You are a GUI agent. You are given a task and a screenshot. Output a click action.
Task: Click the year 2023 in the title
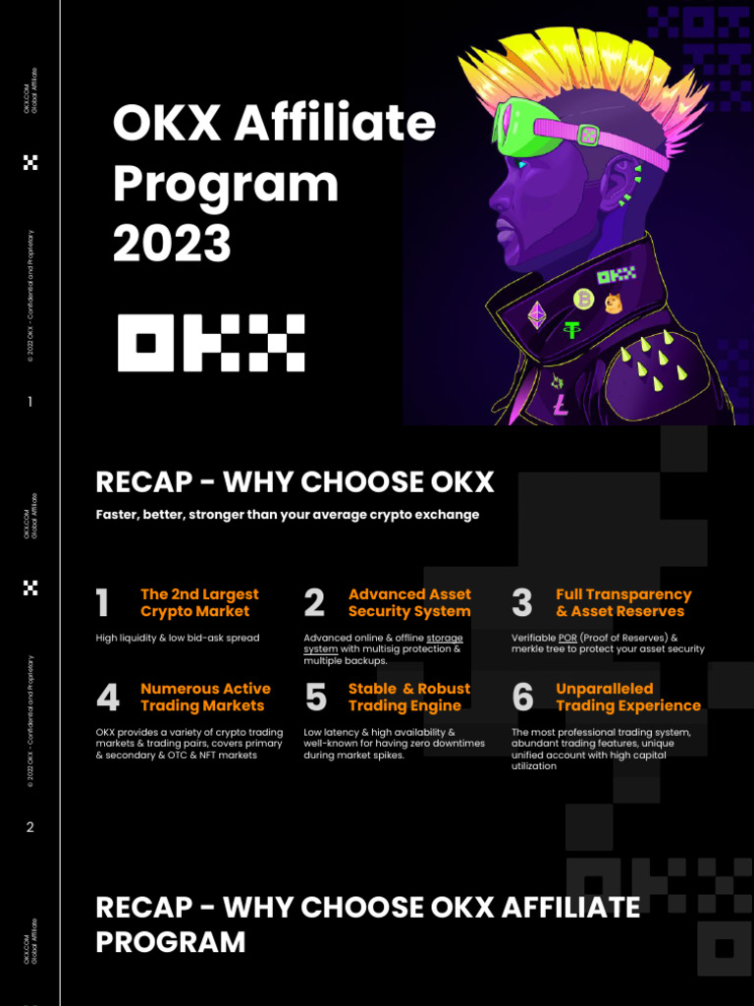(172, 244)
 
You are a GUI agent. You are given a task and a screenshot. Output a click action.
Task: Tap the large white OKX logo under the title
(211, 343)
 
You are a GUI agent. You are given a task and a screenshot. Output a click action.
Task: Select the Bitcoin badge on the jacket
(583, 299)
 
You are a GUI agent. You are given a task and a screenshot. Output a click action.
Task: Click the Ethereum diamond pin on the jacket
(537, 314)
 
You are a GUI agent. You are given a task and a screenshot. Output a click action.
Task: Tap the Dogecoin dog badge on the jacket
(614, 304)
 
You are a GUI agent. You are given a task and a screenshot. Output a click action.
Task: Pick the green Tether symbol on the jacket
(571, 330)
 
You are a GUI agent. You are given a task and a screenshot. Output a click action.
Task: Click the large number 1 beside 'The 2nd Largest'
(103, 603)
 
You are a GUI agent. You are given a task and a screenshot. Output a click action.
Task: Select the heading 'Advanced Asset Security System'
(409, 602)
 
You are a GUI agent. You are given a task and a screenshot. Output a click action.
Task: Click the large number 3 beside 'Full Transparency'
(522, 603)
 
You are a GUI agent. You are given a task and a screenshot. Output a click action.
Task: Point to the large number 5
(315, 698)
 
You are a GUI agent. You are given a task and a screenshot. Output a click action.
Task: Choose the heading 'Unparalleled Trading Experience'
(627, 697)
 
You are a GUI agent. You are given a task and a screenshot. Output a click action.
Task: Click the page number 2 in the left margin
(30, 827)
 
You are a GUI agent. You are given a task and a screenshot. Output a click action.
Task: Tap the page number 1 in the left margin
(30, 402)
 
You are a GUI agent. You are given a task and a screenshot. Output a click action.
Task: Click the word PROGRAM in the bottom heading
(171, 941)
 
